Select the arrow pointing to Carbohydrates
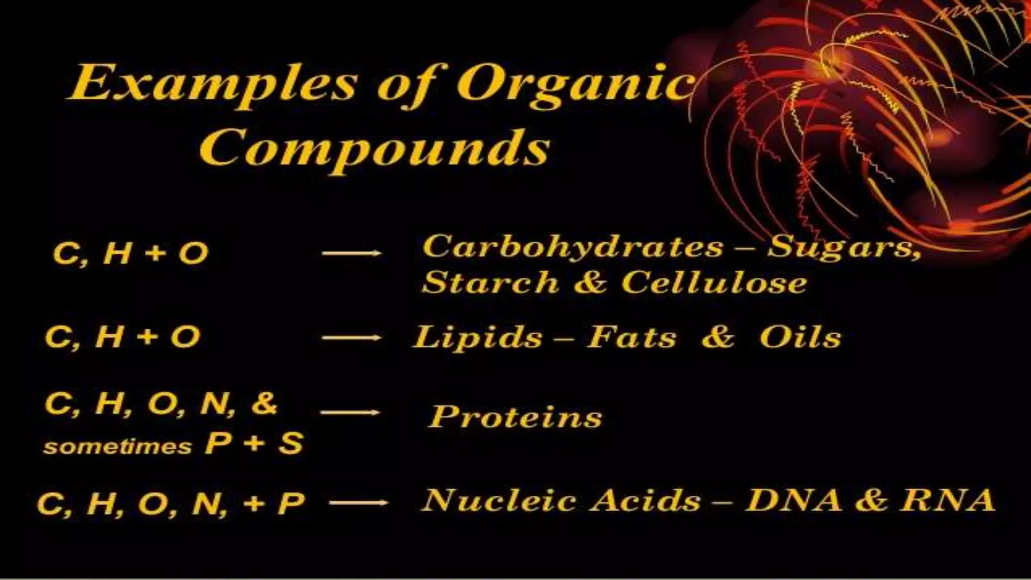pyautogui.click(x=351, y=253)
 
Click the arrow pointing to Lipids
pyautogui.click(x=351, y=338)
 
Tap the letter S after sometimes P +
pyautogui.click(x=291, y=444)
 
